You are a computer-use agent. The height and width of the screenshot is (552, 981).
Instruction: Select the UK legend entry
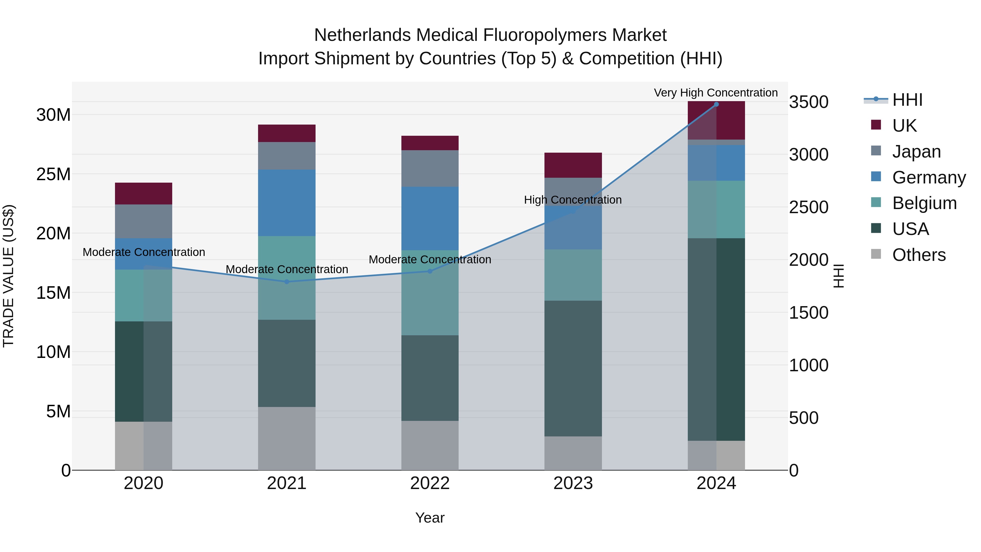tap(904, 126)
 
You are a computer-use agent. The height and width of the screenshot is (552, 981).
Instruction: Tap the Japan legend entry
tap(916, 152)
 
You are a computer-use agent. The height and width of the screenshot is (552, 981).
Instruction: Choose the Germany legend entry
tap(928, 177)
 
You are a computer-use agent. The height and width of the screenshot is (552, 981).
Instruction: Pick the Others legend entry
tap(919, 255)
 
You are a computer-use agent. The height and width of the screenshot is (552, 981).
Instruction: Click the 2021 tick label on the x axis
tap(286, 483)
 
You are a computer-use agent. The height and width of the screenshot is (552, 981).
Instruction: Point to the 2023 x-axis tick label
tap(573, 483)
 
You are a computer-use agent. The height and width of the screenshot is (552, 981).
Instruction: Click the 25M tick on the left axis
tap(53, 174)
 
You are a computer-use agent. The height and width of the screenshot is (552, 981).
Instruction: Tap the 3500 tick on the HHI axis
tap(809, 102)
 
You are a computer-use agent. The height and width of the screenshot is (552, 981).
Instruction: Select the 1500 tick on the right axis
tap(809, 313)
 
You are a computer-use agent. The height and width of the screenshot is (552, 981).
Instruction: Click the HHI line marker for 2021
tap(287, 282)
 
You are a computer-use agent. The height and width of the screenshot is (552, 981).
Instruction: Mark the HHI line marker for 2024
tap(716, 104)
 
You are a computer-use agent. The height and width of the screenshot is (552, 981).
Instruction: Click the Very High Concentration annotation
tap(716, 93)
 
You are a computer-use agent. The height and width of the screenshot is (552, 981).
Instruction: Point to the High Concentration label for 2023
tap(573, 200)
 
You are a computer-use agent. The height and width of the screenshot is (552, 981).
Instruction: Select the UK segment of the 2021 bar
tap(287, 133)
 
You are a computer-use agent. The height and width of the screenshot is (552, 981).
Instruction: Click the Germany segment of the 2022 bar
tap(430, 218)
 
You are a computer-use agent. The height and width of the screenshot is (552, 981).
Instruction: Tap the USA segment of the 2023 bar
tap(573, 368)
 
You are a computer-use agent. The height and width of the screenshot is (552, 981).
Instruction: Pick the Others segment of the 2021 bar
tap(287, 438)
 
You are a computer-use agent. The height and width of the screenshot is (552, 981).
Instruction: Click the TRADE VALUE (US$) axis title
tap(8, 276)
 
